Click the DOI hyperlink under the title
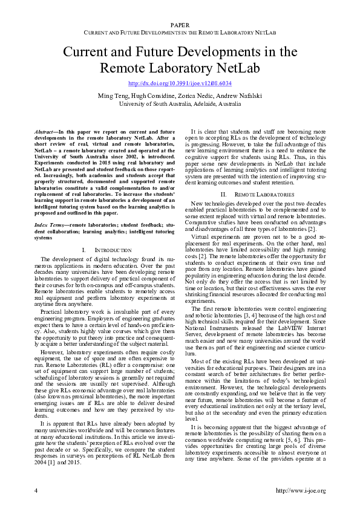(180, 83)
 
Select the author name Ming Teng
(112, 96)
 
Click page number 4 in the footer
(36, 491)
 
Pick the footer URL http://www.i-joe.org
(301, 491)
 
